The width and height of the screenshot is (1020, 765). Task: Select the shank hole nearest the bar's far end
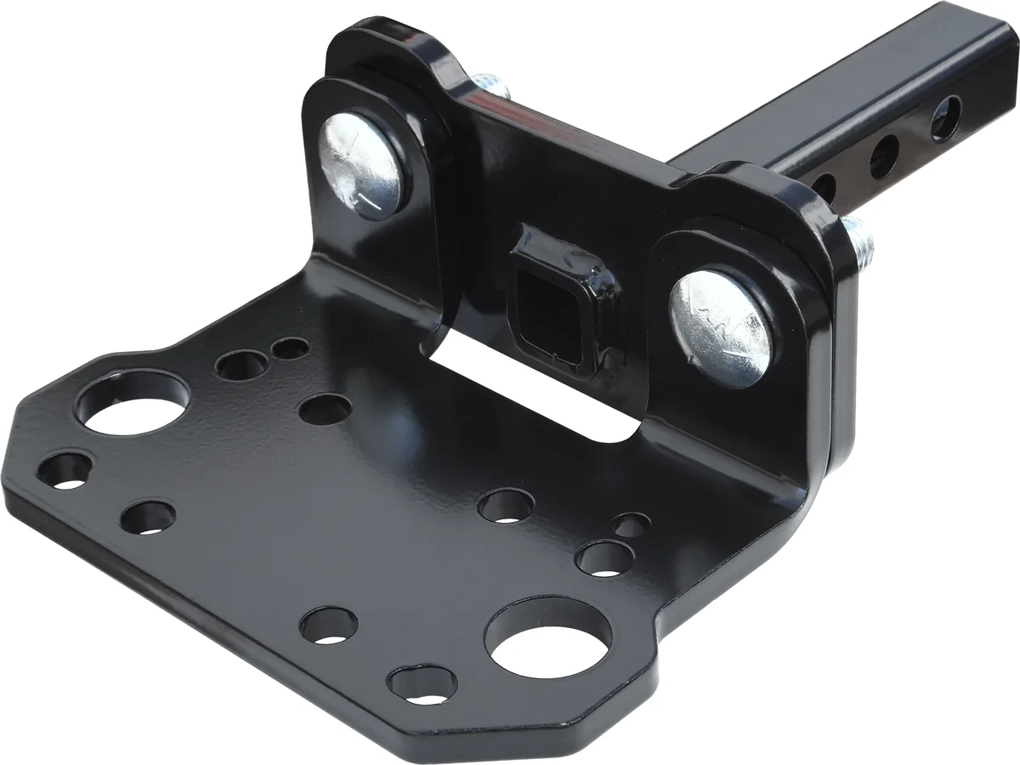tap(945, 118)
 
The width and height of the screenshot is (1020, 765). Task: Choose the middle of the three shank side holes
tap(884, 156)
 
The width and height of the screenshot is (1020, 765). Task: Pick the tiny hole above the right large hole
tap(631, 526)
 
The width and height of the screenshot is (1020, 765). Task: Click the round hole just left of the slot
tap(326, 410)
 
